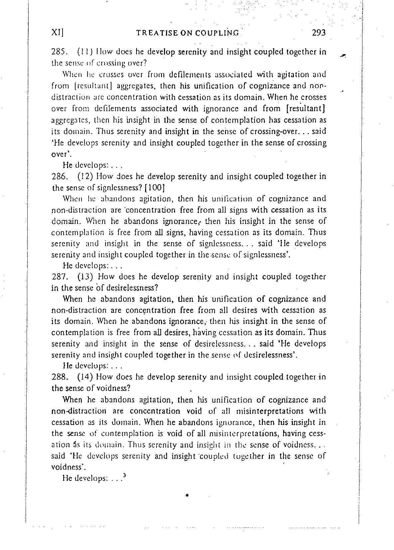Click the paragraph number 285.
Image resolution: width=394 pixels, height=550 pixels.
60,52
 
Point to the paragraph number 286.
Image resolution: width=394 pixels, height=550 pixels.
60,176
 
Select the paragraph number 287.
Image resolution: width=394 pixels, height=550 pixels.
60,277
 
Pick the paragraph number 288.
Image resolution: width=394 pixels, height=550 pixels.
60,377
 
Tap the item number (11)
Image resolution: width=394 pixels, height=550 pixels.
83,52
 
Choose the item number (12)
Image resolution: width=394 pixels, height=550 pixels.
83,176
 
